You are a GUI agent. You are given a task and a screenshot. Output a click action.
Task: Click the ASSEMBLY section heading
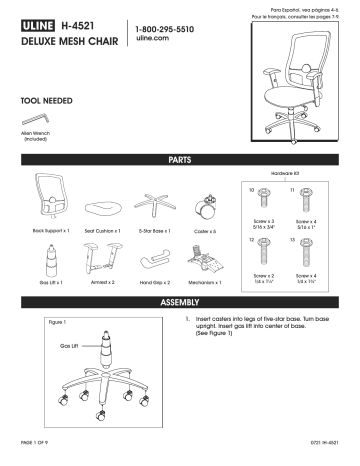180,300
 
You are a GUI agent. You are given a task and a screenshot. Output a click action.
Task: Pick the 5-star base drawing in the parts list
154,203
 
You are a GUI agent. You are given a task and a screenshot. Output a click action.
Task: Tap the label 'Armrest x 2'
101,283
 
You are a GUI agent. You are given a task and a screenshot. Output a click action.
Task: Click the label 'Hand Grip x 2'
154,283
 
